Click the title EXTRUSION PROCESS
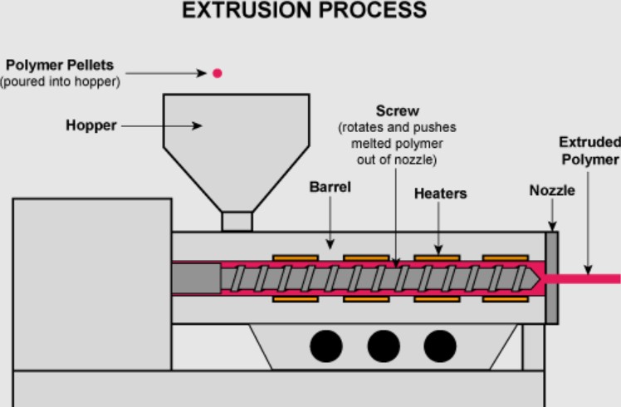tap(304, 10)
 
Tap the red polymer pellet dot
tap(218, 73)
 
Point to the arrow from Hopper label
tap(162, 126)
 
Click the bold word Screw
tap(398, 110)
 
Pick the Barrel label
tap(330, 188)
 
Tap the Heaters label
tap(440, 194)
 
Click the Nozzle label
tap(552, 191)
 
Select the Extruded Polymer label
tap(589, 150)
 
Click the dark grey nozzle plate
tap(551, 277)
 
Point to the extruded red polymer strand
tap(589, 278)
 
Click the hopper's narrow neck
tap(237, 221)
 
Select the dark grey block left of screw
tap(196, 278)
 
